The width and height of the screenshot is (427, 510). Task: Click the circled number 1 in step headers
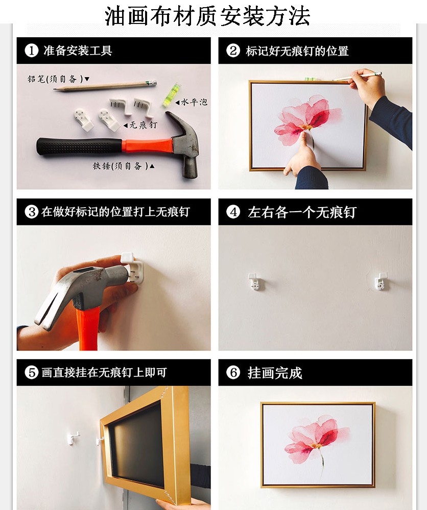click(32, 50)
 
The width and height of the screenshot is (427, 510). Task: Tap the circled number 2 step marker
click(233, 50)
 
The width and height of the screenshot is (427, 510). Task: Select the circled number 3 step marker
click(32, 212)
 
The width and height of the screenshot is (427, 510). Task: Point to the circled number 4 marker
click(233, 212)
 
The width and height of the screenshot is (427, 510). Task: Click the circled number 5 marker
click(32, 372)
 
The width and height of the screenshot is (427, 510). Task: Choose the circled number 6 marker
click(233, 372)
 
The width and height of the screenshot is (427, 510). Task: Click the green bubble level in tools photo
click(171, 95)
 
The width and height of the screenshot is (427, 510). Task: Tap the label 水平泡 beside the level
click(194, 102)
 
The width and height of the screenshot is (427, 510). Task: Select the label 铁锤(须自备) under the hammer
click(121, 166)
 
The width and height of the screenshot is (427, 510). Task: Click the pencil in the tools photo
click(105, 86)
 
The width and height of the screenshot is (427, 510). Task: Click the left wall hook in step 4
click(254, 282)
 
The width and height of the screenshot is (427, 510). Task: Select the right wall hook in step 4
click(381, 281)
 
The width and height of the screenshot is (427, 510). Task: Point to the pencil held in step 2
click(357, 77)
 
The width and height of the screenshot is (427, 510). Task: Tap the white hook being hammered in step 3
click(132, 268)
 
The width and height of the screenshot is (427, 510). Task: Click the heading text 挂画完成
click(275, 373)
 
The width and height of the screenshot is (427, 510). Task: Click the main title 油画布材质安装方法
click(207, 16)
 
